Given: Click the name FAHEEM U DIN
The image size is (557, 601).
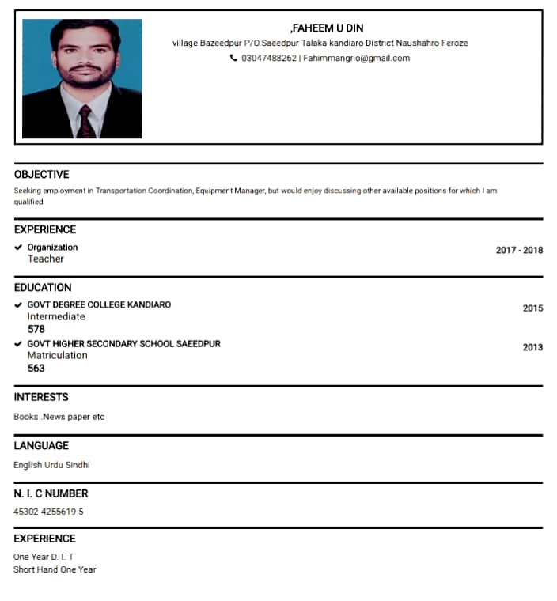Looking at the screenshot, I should pyautogui.click(x=328, y=28).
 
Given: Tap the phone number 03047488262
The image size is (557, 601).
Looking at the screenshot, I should pyautogui.click(x=268, y=58).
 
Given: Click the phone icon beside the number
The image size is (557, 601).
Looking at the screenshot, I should pyautogui.click(x=233, y=58).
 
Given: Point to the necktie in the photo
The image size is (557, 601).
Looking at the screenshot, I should pyautogui.click(x=85, y=121).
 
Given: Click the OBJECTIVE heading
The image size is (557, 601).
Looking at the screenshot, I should pyautogui.click(x=41, y=174).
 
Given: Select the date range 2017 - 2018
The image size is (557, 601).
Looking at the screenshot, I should pyautogui.click(x=519, y=250).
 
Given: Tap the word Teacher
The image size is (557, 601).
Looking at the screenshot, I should pyautogui.click(x=46, y=259).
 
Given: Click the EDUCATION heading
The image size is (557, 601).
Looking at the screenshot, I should pyautogui.click(x=43, y=287).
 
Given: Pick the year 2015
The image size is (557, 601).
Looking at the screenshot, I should pyautogui.click(x=532, y=308).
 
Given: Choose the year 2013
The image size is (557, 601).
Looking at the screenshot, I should pyautogui.click(x=532, y=347).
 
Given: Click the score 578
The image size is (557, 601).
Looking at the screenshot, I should pyautogui.click(x=36, y=329).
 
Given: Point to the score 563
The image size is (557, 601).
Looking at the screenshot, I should pyautogui.click(x=36, y=368).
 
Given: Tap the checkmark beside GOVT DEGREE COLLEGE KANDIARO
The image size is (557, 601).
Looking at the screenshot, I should pyautogui.click(x=18, y=304).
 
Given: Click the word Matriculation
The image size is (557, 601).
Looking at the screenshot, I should pyautogui.click(x=57, y=355).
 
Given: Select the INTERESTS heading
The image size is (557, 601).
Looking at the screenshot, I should pyautogui.click(x=41, y=397).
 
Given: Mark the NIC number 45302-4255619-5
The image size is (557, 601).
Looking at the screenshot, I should pyautogui.click(x=48, y=512).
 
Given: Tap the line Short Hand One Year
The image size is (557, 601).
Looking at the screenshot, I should pyautogui.click(x=55, y=569).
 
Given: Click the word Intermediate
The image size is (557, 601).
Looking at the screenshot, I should pyautogui.click(x=56, y=316).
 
